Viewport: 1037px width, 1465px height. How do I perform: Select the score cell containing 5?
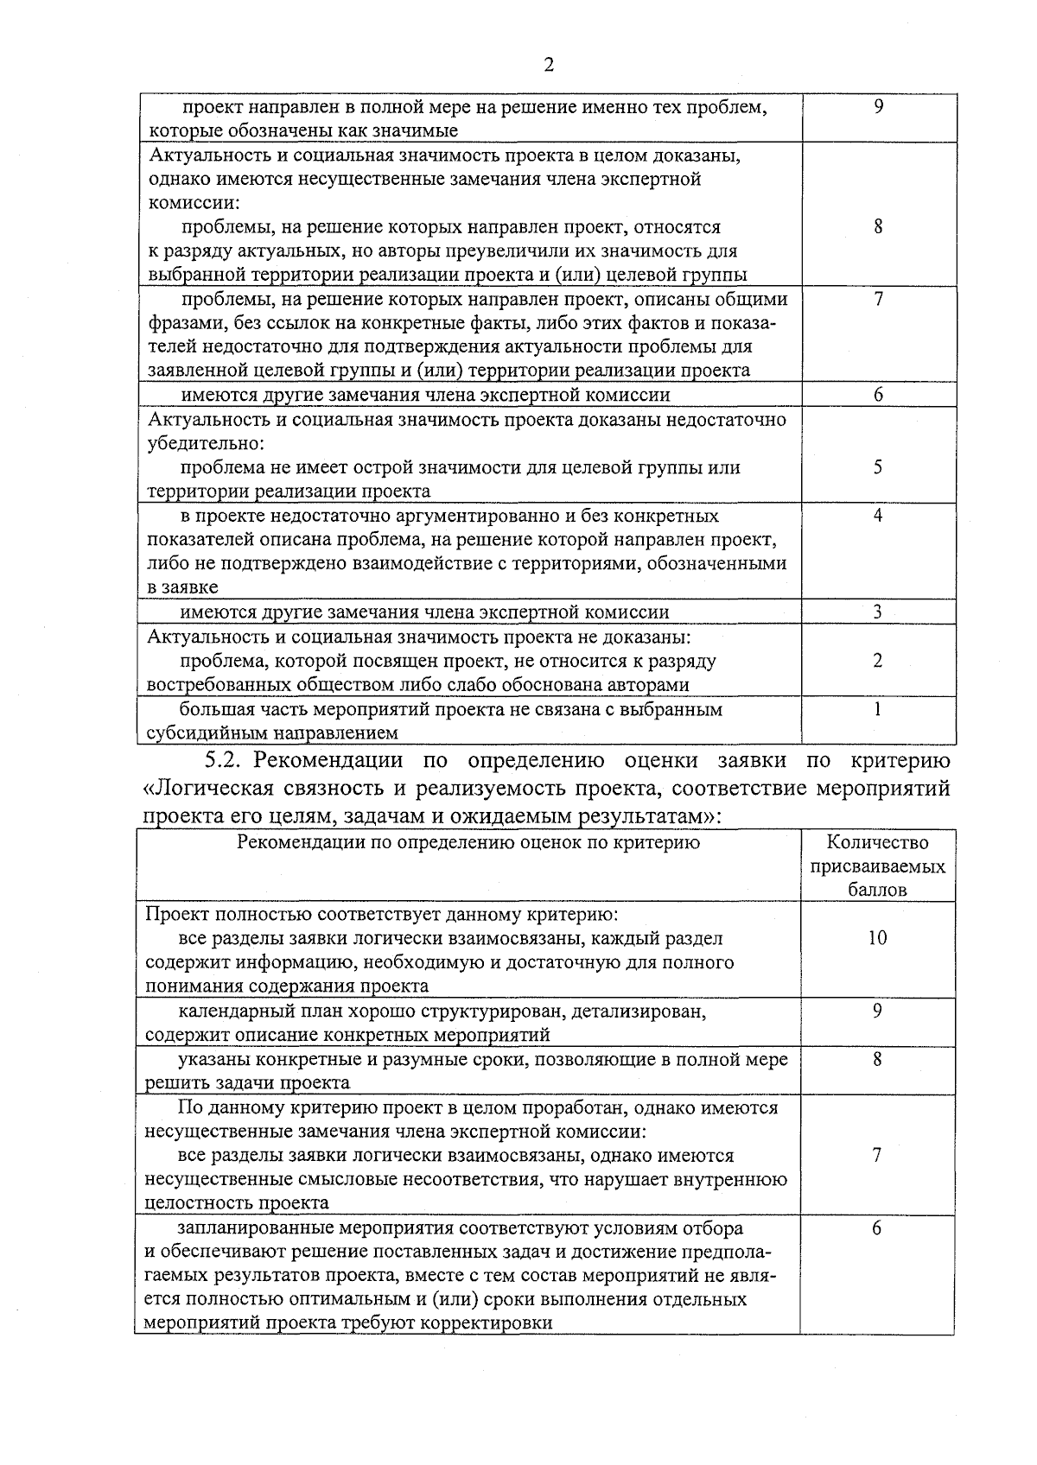tap(877, 467)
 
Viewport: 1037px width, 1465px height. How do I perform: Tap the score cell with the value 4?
tap(877, 516)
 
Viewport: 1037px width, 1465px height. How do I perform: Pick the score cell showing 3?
tap(877, 612)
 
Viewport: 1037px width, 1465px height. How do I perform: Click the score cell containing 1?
tap(877, 709)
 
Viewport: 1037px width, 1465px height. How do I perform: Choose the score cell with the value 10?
tap(877, 938)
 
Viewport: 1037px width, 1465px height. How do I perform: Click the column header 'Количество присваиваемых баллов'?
tap(877, 866)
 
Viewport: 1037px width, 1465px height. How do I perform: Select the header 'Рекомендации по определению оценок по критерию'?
tap(468, 842)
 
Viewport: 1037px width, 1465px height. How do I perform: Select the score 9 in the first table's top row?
tap(878, 107)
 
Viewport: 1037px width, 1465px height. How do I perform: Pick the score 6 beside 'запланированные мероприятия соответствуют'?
tap(876, 1228)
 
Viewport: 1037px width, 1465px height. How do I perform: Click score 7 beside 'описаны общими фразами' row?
tap(878, 300)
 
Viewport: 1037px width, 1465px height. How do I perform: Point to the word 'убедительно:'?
tap(205, 443)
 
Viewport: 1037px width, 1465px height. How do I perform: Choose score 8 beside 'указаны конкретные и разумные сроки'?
tap(876, 1059)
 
